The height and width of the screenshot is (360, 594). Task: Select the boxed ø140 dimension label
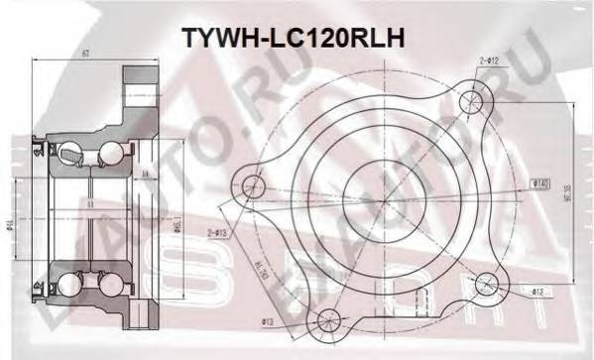(x=541, y=182)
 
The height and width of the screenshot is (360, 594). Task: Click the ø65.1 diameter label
(x=175, y=229)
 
